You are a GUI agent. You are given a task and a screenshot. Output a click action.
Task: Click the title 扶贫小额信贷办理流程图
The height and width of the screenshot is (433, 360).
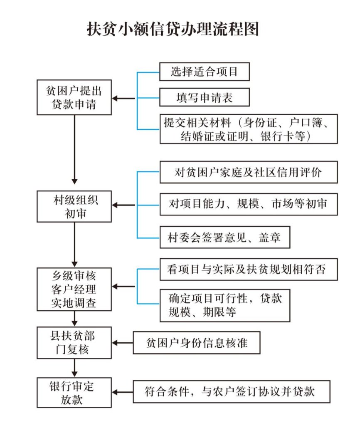click(173, 29)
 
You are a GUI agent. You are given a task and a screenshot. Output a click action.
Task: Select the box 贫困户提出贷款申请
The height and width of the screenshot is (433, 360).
click(74, 97)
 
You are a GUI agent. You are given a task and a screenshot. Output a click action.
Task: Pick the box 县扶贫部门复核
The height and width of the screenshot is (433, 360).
click(74, 343)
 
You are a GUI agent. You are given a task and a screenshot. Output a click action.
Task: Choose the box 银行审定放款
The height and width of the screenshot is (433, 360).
click(74, 392)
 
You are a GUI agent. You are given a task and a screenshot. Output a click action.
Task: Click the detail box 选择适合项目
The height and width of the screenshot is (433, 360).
click(204, 72)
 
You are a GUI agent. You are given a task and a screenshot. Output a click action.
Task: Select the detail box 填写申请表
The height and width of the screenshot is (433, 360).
click(204, 98)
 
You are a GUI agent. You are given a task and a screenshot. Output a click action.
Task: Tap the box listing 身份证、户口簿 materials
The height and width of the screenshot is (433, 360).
click(248, 129)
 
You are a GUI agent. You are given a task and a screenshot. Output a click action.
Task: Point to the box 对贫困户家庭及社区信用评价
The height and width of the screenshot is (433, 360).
click(248, 172)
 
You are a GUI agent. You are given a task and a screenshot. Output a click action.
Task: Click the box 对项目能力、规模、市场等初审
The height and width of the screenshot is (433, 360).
click(248, 204)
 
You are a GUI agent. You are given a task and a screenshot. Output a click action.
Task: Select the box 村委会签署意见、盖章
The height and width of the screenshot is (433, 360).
click(224, 238)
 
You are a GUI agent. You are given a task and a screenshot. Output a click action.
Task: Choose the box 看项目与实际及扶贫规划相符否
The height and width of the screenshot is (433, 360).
click(248, 269)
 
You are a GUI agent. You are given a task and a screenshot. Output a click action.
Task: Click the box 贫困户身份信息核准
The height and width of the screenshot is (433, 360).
click(197, 343)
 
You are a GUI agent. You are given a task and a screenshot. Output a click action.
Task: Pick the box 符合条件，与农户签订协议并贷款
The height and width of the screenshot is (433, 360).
click(231, 391)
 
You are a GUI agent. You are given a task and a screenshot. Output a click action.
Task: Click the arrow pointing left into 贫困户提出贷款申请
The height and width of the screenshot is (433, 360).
click(124, 99)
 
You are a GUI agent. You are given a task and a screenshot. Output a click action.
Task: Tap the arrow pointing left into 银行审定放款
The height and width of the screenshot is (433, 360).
click(123, 392)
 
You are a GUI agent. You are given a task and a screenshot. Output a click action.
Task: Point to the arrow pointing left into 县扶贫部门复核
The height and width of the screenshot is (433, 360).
click(123, 343)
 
